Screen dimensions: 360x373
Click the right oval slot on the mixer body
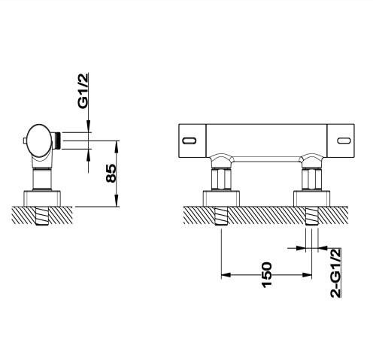344,138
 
